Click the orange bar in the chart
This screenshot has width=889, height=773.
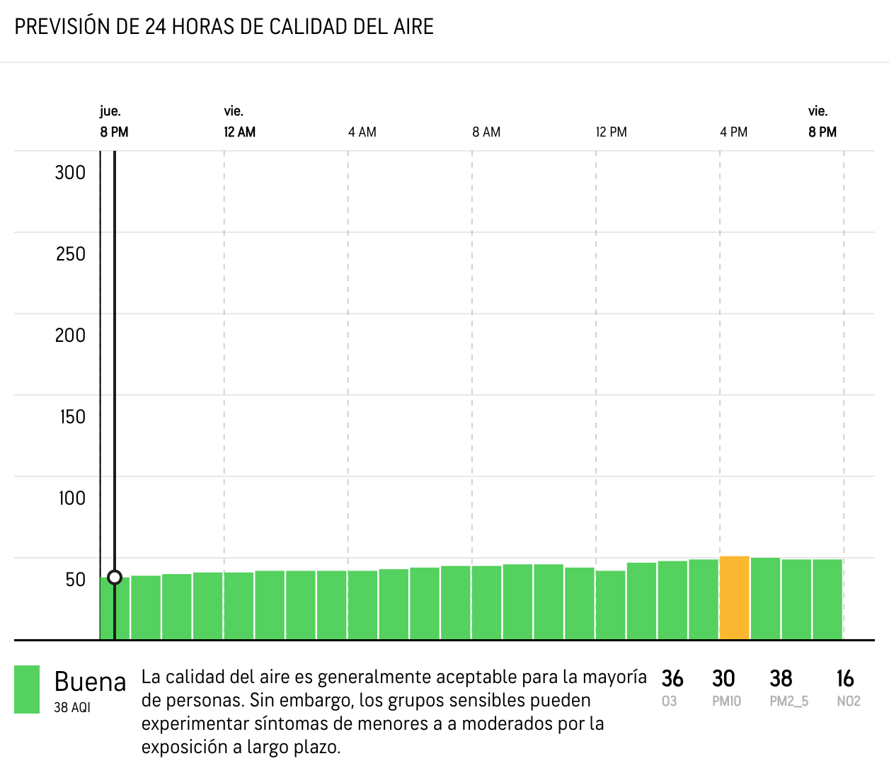735,598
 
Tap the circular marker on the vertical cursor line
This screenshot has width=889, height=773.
115,578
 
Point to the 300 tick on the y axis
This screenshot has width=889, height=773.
70,173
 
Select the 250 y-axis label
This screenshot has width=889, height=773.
70,254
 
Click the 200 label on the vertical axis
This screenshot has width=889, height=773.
70,336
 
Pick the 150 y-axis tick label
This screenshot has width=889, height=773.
72,417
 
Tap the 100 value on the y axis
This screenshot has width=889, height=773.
71,498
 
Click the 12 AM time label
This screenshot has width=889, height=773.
239,132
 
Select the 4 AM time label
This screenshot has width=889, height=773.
362,132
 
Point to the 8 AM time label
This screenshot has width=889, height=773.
486,132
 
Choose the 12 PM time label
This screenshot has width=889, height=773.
611,132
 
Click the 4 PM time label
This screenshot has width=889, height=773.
733,132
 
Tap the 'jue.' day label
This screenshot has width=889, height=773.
110,111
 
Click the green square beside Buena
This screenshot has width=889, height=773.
27,689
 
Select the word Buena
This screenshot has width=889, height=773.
90,682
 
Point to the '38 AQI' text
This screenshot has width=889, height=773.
72,707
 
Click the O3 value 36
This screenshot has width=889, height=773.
672,679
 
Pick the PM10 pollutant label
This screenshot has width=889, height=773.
726,702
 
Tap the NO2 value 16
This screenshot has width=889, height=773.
845,679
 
